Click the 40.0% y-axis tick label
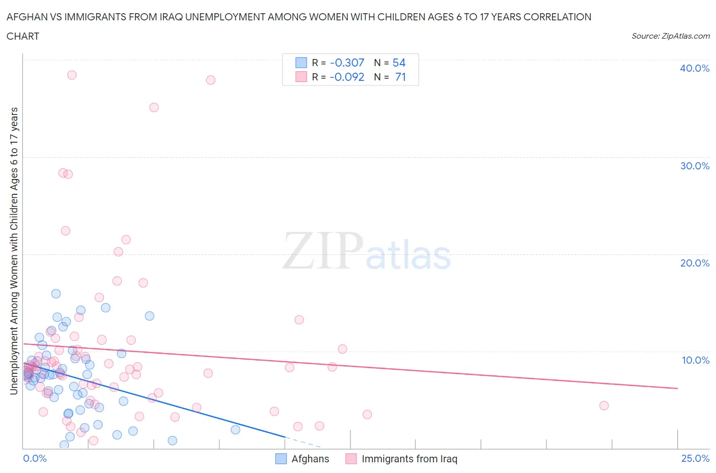click(x=695, y=68)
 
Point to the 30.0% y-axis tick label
click(x=695, y=166)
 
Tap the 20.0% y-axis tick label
click(x=695, y=263)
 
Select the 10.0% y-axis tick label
click(x=696, y=360)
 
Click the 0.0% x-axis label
click(x=35, y=458)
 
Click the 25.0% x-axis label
click(x=695, y=458)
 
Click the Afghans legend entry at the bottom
click(x=302, y=459)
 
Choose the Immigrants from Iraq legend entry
click(x=402, y=459)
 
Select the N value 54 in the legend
click(x=399, y=63)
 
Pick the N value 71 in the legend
click(x=400, y=77)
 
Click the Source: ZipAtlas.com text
click(x=670, y=36)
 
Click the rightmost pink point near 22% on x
click(x=604, y=405)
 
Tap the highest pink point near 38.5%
click(x=72, y=75)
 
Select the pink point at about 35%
click(x=154, y=107)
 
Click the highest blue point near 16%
click(x=56, y=293)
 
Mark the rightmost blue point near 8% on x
click(x=235, y=430)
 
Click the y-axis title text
click(x=14, y=251)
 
